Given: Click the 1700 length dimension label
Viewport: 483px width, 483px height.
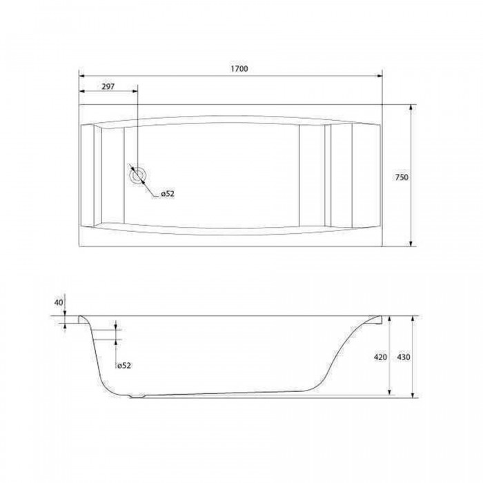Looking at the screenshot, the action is point(239,69).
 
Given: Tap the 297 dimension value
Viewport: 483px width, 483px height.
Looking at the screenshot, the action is point(108,86).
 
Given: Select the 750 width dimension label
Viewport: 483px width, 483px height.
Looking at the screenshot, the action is point(402,177).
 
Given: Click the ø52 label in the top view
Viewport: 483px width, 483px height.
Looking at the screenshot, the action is point(168,194).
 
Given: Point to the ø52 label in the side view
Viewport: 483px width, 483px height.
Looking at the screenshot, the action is point(124,365).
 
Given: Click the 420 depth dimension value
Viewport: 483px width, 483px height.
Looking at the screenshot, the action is point(380,357).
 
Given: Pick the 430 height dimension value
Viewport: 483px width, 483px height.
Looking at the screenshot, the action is point(404,357).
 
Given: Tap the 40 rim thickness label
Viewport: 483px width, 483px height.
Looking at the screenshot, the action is point(59,302).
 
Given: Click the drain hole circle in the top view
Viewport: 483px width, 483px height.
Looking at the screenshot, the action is point(137,176).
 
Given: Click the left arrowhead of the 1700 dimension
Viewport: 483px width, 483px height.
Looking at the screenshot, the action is point(82,76).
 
